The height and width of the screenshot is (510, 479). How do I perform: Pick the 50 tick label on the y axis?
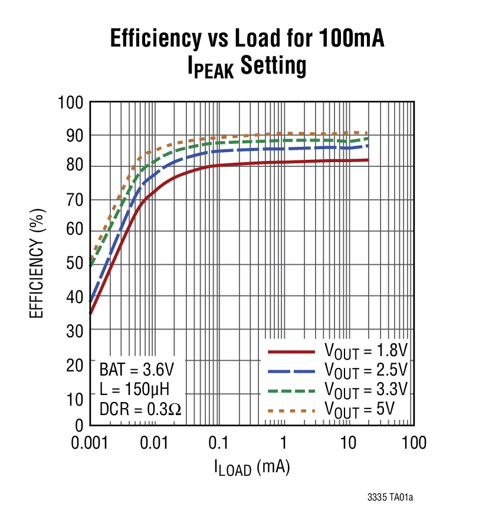[x=75, y=264]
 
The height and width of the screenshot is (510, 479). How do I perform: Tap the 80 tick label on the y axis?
[x=75, y=167]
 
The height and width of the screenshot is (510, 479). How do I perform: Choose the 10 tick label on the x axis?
[x=349, y=443]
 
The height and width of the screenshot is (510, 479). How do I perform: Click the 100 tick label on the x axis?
[x=414, y=443]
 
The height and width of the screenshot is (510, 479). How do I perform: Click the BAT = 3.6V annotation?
[x=136, y=370]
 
